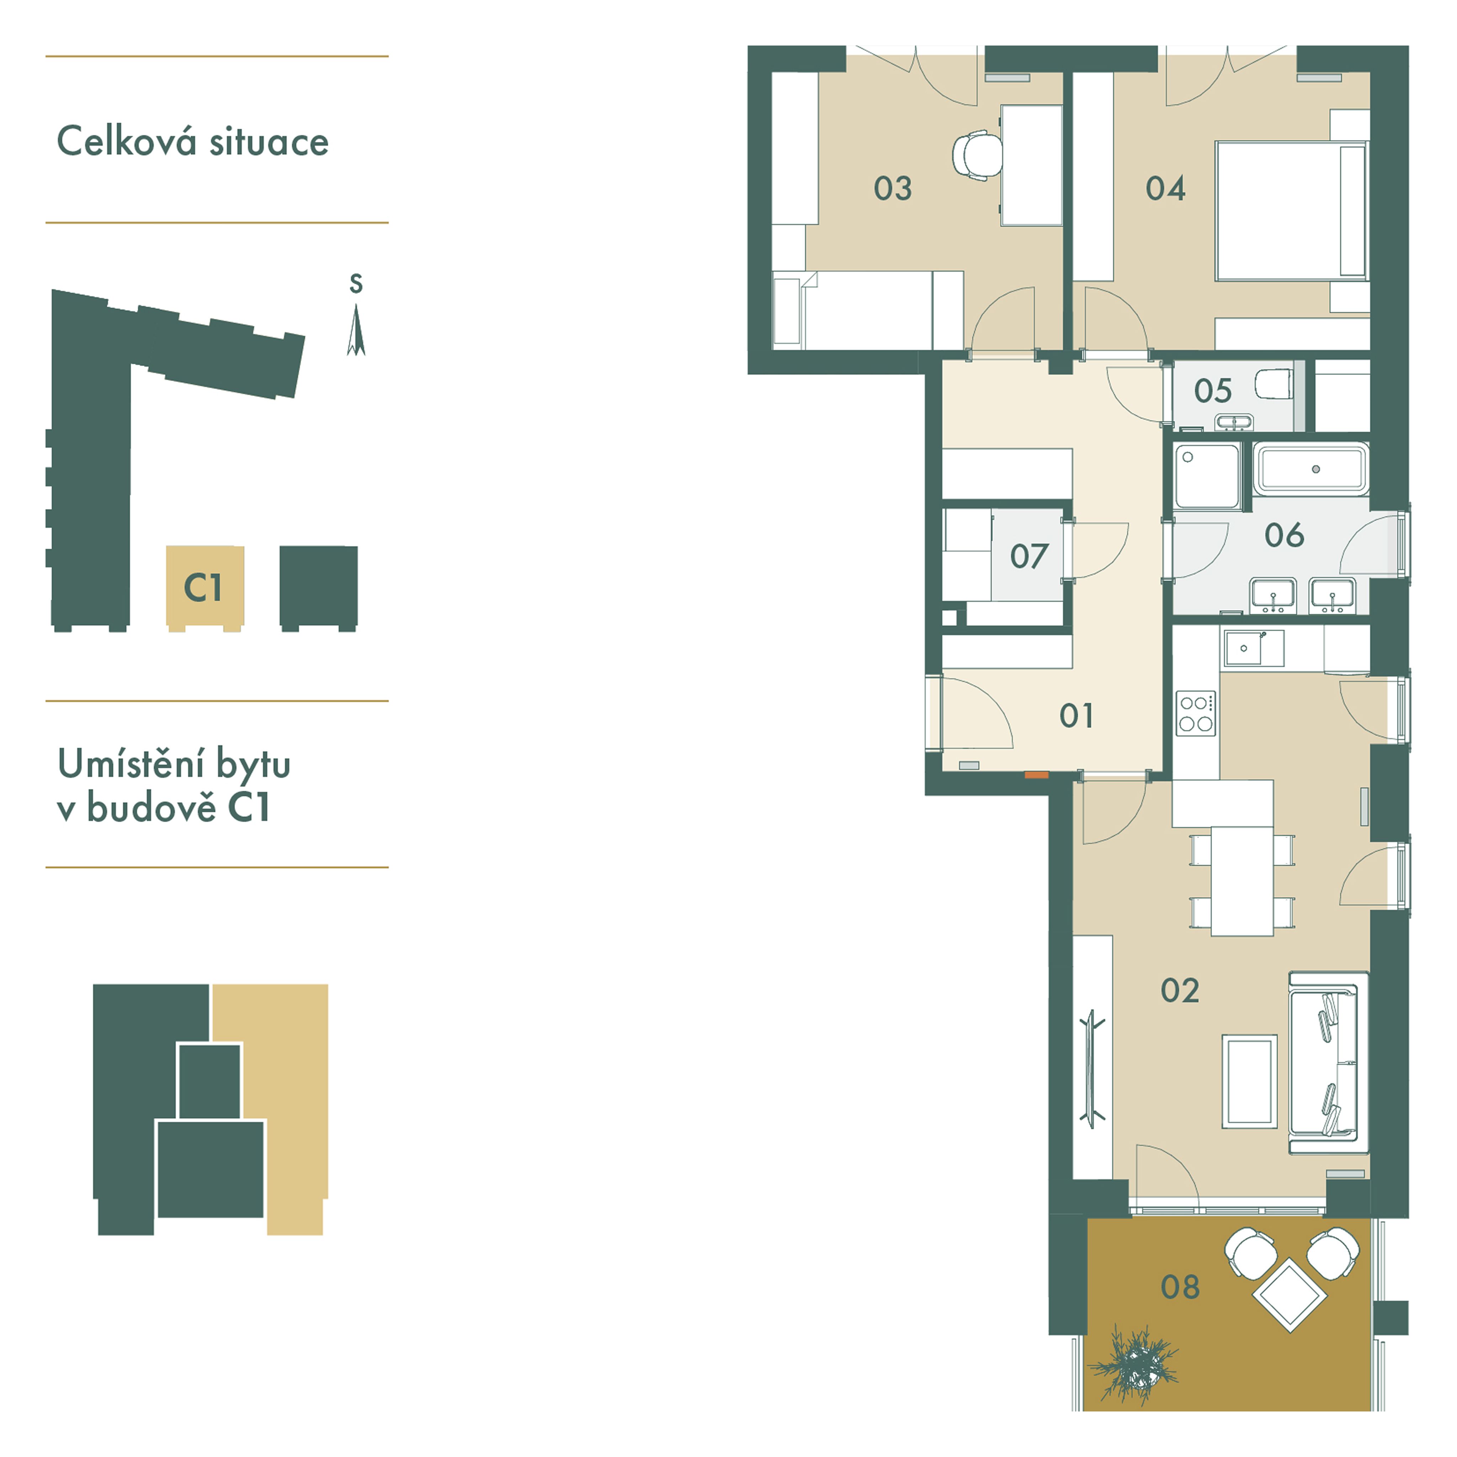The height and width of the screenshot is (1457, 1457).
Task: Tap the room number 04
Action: point(1165,189)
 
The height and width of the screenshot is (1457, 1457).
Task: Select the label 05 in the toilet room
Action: point(1213,391)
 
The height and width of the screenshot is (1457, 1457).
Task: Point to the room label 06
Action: point(1284,535)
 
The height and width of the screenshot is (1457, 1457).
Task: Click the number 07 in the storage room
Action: point(1028,557)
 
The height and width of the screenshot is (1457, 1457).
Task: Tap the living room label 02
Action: point(1180,990)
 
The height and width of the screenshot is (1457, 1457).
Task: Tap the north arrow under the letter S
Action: point(356,330)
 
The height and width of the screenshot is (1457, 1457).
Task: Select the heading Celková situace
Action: point(193,142)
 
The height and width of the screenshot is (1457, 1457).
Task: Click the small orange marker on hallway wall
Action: point(1036,774)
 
